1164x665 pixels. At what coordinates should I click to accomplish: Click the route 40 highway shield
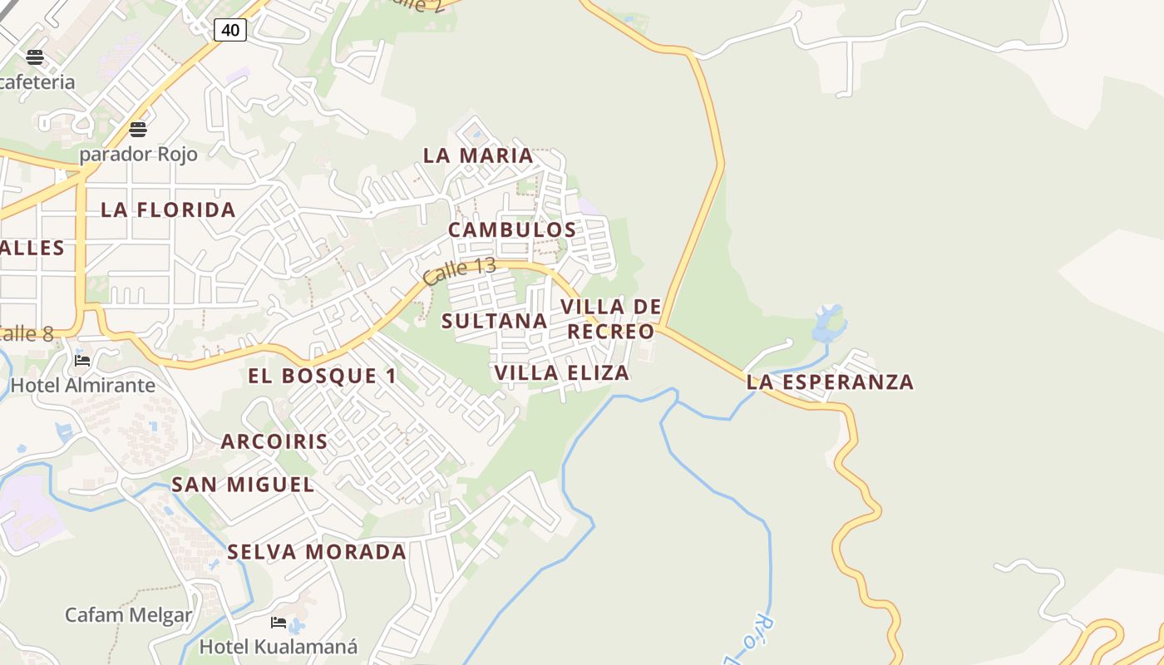[230, 31]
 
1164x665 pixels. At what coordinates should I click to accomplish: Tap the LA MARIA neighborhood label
[478, 155]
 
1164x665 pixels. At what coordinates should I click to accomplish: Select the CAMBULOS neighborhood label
[512, 229]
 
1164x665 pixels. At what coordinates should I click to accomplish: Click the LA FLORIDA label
[168, 209]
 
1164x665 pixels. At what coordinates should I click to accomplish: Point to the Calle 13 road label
[459, 272]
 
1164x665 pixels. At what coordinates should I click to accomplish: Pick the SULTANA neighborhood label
[495, 321]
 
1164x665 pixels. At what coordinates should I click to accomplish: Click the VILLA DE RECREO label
[611, 319]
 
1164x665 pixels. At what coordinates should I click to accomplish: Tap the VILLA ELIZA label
[562, 372]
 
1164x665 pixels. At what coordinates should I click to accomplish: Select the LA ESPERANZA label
[830, 382]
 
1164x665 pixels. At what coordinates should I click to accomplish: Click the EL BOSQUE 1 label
[323, 376]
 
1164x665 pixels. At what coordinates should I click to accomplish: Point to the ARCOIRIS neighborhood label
[274, 441]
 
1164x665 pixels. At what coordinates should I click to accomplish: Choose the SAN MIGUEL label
[243, 485]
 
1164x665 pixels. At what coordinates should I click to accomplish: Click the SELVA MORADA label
[317, 551]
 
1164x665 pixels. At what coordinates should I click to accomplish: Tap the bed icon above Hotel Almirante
[82, 361]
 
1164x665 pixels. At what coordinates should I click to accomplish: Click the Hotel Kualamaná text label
[279, 646]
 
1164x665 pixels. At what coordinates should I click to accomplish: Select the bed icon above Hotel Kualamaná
[279, 623]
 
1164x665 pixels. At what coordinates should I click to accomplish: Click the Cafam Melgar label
[129, 615]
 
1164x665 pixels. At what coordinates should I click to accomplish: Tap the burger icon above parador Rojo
[138, 130]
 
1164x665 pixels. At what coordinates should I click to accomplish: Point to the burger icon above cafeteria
[35, 57]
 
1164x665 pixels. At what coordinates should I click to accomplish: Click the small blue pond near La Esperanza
[829, 323]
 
